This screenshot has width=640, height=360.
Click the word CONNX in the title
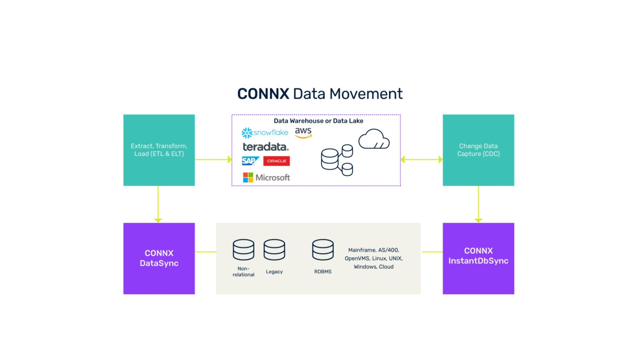263,94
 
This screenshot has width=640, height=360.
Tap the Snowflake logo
265,133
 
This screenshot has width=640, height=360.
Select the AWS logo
303,133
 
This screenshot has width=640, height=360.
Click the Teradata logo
266,147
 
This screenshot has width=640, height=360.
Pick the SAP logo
250,161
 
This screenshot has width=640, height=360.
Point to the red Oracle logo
276,161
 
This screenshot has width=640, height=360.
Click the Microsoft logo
266,178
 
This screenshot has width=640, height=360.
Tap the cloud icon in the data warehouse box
374,139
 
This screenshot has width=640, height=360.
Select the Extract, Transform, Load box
159,150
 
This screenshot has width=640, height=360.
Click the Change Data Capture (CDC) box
478,150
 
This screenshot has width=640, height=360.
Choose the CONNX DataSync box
159,258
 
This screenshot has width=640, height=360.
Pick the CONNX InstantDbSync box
478,258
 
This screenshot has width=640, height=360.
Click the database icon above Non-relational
243,250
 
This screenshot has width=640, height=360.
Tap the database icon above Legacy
274,250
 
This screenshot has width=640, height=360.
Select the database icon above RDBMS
323,250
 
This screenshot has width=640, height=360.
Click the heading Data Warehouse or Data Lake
318,121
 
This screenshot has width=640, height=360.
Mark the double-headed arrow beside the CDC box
422,159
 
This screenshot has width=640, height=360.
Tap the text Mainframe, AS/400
374,250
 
